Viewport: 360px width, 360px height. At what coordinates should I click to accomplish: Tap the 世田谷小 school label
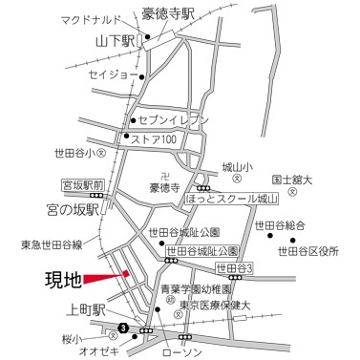pyautogui.click(x=75, y=153)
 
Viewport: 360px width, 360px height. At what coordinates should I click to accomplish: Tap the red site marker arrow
pyautogui.click(x=106, y=277)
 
